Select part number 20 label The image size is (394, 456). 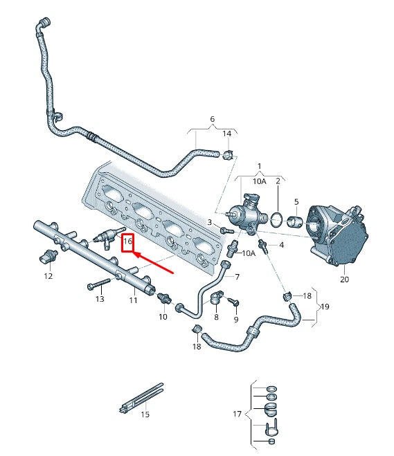[344, 280]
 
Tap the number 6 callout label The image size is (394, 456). [212, 119]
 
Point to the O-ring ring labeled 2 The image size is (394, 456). [276, 220]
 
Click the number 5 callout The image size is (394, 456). [296, 202]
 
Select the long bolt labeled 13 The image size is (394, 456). [100, 284]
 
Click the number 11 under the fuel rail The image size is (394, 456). [134, 300]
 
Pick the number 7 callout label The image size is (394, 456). [236, 277]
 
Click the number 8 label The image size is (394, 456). [215, 316]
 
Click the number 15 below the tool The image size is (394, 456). [145, 414]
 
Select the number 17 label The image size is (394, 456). [237, 414]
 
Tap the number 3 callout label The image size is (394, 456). [209, 221]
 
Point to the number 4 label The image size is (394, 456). [281, 244]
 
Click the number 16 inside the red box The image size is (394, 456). [127, 241]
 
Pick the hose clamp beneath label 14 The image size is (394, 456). [228, 153]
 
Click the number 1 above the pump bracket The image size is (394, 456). [260, 167]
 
